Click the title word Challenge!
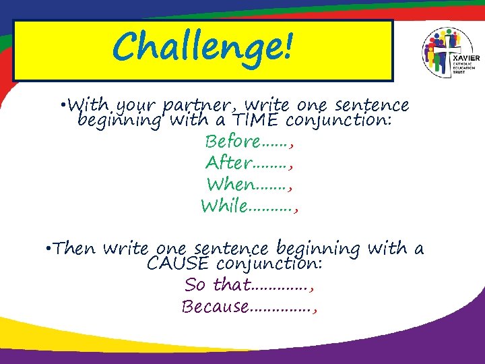tap(203, 48)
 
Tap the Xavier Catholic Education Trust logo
tap(449, 53)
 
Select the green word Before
tap(232, 142)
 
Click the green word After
tap(228, 163)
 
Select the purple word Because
tap(215, 307)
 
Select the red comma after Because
tap(315, 310)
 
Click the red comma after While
tap(296, 209)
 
